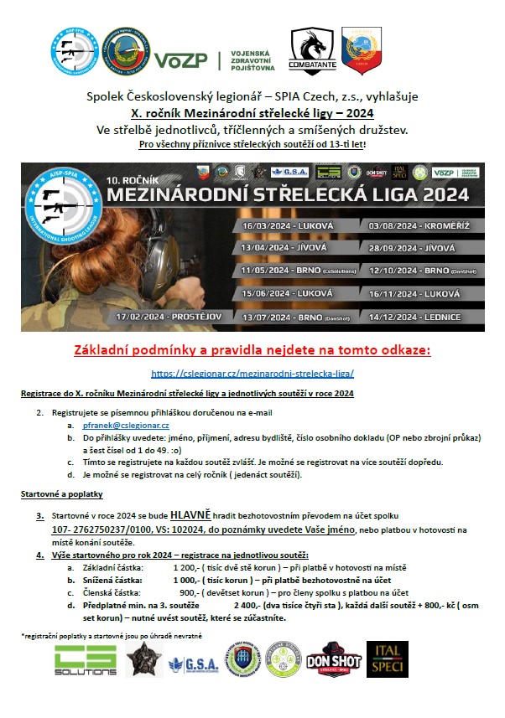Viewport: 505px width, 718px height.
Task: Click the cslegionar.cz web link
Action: pos(252,374)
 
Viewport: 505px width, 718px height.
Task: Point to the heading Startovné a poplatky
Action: pos(55,494)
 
